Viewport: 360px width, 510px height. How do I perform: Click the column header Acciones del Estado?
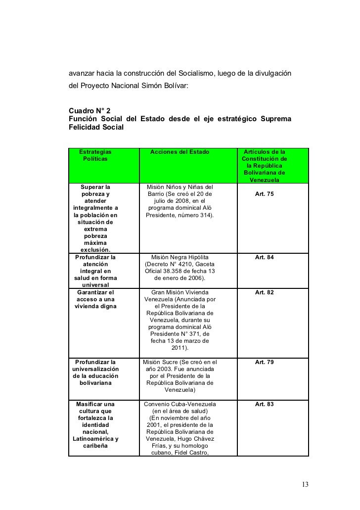click(x=180, y=151)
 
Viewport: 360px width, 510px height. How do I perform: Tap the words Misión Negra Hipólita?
click(x=180, y=258)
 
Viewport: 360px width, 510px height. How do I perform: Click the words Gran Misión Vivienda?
click(x=180, y=292)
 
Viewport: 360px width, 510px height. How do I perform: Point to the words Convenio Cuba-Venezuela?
click(x=180, y=404)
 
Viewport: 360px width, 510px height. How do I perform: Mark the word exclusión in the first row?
click(x=95, y=250)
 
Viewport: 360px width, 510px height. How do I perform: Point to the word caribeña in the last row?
click(x=95, y=446)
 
